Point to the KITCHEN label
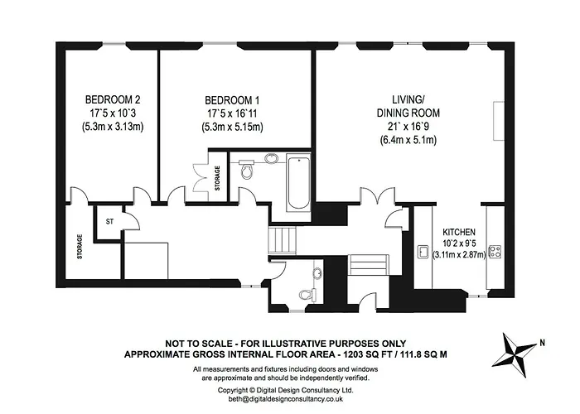459,231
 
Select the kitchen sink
423,251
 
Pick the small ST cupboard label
108,221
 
